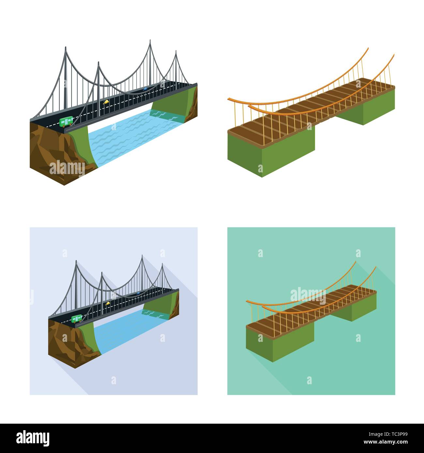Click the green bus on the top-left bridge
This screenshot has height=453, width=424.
pos(67,121)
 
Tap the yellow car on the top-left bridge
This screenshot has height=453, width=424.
pos(106,102)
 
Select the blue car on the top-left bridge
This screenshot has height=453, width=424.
pos(145,88)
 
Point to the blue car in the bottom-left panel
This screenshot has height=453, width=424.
pos(139,293)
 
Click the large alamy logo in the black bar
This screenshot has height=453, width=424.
pos(33,438)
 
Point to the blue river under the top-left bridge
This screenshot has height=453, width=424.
pos(127,137)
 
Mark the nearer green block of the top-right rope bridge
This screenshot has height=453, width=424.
pos(271,153)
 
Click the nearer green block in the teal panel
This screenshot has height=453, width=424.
pos(280,342)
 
